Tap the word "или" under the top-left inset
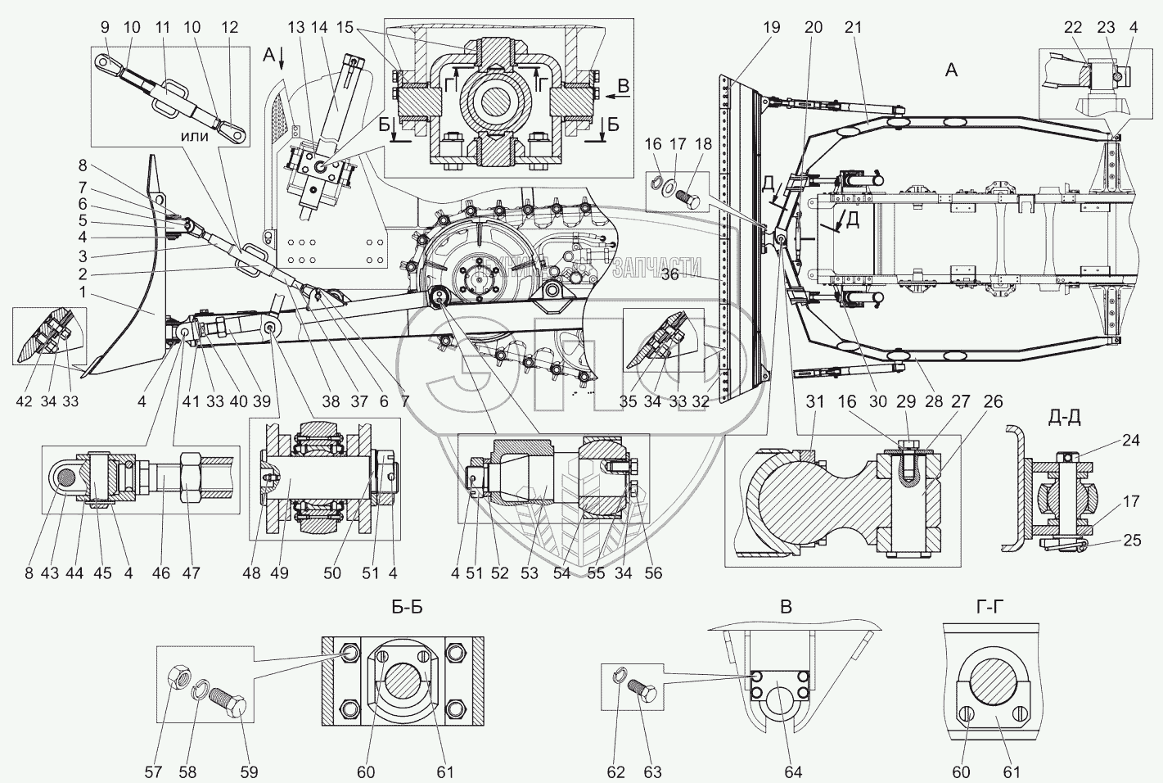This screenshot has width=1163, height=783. click(194, 136)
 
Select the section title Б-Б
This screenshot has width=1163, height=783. click(407, 608)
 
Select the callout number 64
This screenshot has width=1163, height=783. click(793, 772)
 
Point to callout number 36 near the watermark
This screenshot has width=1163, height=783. click(669, 274)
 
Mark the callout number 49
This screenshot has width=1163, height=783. click(281, 573)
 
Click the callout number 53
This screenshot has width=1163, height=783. click(530, 573)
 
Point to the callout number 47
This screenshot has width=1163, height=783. click(191, 573)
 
